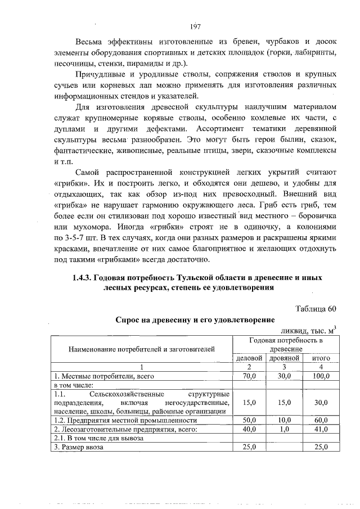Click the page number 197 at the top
pos(195,27)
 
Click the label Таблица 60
pos(316,308)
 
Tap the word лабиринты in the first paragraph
pos(316,53)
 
